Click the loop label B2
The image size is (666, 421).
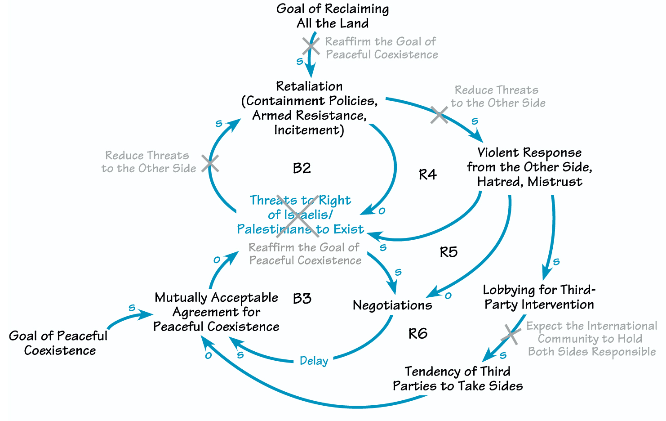302,168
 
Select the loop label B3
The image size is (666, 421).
302,299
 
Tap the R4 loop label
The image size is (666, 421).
427,175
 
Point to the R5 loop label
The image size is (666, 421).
448,252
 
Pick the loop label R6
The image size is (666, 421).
417,334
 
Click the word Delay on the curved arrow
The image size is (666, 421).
314,361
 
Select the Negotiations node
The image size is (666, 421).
392,305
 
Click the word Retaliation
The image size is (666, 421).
309,86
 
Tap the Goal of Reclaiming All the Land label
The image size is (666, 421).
333,16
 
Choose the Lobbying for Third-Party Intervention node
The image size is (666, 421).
539,297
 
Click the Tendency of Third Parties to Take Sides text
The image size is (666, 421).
457,379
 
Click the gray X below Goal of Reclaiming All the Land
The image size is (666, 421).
311,46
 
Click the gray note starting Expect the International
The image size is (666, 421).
591,339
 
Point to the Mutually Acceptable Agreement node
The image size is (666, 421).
216,312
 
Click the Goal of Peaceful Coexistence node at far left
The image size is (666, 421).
58,343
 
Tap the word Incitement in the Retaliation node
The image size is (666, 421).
309,130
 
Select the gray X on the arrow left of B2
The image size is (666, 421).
210,163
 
